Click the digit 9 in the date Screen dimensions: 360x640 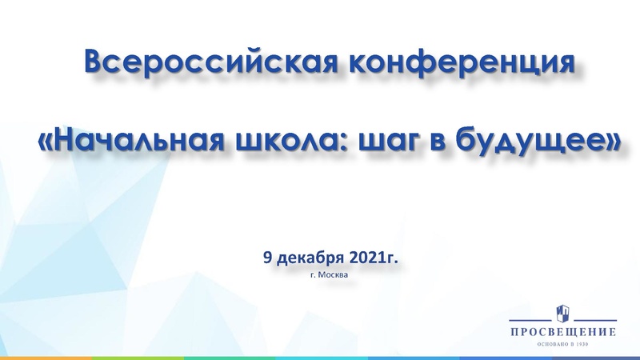[x=267, y=258]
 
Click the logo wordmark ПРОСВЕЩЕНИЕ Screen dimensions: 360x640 [x=564, y=330]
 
